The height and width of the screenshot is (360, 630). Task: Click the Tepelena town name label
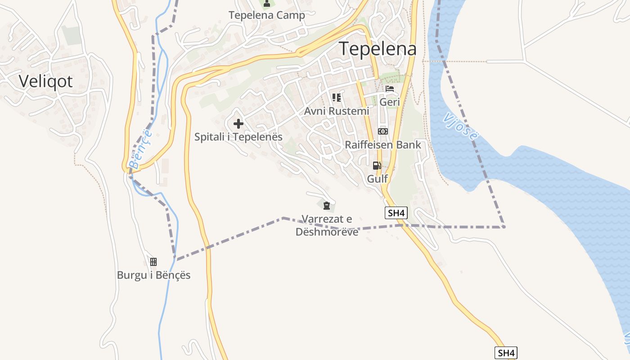point(378,49)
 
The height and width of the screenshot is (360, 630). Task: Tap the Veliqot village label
point(45,81)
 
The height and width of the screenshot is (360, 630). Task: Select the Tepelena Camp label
point(266,15)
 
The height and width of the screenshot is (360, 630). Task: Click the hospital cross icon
point(238,123)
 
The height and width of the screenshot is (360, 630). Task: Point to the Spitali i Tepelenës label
point(238,137)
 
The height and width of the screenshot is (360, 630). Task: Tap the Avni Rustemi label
point(337,111)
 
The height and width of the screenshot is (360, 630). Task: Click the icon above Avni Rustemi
point(337,97)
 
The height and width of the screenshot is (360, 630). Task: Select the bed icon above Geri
point(390,89)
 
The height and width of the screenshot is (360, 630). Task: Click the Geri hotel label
point(390,102)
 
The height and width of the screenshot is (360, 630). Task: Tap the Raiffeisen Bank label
point(383,145)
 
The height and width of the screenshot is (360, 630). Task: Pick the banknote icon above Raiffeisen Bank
point(383,131)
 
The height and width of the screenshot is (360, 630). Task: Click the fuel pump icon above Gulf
point(377,165)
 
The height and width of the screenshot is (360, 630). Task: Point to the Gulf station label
point(377,179)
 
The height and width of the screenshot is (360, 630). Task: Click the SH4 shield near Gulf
point(396,213)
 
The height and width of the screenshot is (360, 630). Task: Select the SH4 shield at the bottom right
point(506,353)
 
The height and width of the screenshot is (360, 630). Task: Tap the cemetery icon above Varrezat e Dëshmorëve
point(327,206)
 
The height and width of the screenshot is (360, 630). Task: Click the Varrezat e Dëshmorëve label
point(327,225)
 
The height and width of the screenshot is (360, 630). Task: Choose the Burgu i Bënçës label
point(153,275)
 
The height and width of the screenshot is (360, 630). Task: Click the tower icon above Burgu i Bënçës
point(153,261)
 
